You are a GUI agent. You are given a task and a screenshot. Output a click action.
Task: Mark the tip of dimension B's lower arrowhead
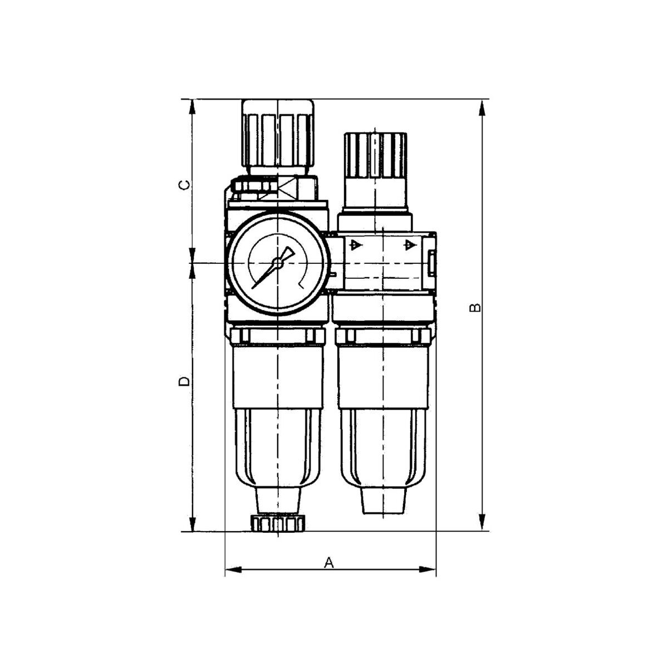coord(482,531)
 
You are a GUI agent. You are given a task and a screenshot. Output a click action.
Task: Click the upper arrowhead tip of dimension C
coord(193,100)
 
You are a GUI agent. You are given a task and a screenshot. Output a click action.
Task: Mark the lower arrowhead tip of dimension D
coord(193,531)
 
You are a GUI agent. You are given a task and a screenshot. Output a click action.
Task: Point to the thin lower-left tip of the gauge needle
coord(252,288)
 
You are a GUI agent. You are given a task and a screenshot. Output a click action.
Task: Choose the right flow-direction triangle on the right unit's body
coord(410,245)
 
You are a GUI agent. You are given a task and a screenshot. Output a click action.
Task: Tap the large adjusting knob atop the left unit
coord(278,137)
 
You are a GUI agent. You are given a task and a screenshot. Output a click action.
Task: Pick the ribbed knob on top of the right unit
coord(375,155)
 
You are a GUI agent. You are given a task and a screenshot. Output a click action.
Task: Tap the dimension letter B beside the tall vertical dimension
coord(475,307)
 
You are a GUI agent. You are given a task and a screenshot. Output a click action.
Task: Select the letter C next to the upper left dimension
coord(185,185)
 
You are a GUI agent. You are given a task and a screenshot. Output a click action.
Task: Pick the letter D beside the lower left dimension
coord(185,381)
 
